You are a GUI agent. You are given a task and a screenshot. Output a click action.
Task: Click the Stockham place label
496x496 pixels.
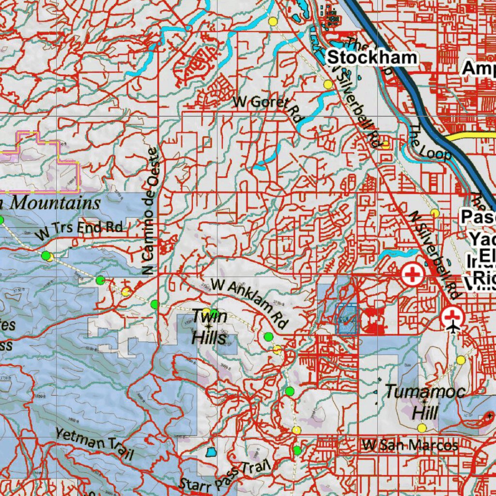tap(372, 58)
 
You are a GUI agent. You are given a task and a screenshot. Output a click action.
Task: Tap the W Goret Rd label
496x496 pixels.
tap(267, 107)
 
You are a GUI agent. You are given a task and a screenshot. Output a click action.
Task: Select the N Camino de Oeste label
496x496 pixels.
tap(152, 211)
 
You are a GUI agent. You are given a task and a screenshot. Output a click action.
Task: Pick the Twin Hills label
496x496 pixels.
tap(209, 327)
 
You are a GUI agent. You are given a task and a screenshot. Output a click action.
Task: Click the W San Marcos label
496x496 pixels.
tap(410, 445)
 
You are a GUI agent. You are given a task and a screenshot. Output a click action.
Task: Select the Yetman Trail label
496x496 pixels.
tap(94, 444)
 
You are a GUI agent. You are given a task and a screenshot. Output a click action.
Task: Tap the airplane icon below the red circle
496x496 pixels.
tap(453, 328)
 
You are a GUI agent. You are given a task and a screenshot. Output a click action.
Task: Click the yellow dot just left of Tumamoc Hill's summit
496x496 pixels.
tap(421, 428)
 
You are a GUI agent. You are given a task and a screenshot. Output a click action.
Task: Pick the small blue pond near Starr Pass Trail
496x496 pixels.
tap(211, 452)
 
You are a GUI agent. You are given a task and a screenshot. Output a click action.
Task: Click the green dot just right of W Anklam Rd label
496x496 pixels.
tap(268, 337)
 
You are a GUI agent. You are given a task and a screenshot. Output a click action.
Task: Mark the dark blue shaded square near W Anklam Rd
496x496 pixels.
tap(346, 318)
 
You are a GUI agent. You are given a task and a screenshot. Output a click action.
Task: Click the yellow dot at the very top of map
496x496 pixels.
tap(273, 21)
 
